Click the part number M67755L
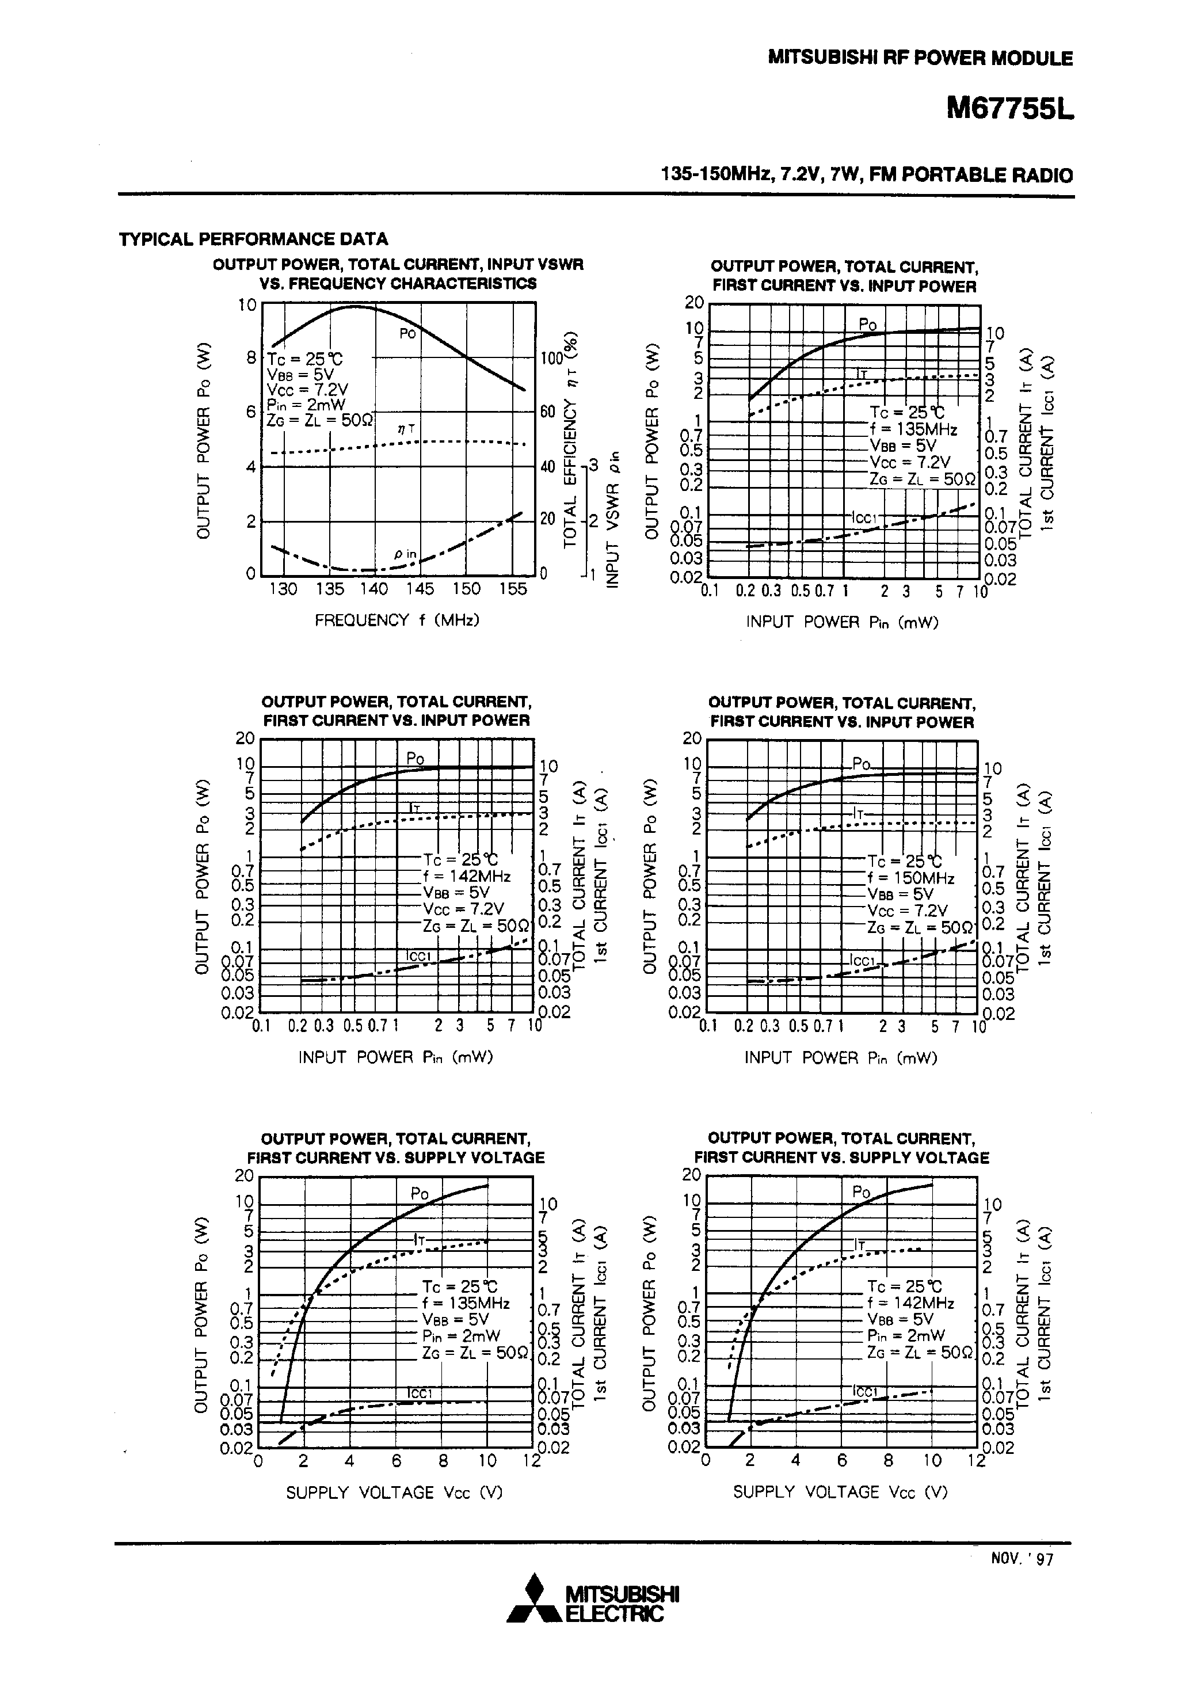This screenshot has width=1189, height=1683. click(1009, 109)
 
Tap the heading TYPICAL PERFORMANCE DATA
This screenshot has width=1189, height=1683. click(254, 239)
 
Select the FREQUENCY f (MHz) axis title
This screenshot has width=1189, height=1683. click(397, 620)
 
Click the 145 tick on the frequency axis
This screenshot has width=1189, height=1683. click(420, 589)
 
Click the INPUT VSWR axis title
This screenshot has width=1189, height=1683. click(613, 520)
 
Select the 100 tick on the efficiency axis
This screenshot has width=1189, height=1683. click(551, 359)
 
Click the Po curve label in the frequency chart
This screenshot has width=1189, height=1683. click(407, 333)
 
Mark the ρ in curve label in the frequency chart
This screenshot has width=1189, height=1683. click(404, 555)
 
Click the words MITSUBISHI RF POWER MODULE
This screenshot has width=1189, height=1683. click(920, 58)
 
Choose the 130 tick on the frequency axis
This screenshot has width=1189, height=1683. click(282, 589)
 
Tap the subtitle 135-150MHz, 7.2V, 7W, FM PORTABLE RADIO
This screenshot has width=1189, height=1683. click(867, 175)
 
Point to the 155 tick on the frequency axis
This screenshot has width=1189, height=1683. click(512, 589)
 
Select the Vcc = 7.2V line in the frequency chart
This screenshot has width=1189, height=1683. click(307, 389)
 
